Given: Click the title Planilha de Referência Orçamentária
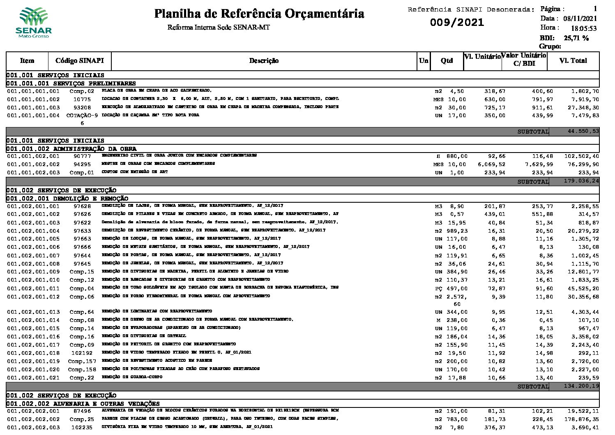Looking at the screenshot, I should click(259, 14).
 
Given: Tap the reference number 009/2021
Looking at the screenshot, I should click(457, 23).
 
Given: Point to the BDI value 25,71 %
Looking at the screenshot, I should click(576, 38).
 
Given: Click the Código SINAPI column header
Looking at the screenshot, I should click(80, 61).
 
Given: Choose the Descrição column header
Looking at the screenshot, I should click(264, 61).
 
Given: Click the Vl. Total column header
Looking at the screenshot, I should click(573, 61).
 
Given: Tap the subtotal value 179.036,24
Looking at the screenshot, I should click(581, 180).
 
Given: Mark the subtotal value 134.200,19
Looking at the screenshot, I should click(581, 386).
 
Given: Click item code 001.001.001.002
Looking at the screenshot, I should click(33, 99).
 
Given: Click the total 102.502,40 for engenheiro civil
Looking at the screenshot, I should click(581, 156).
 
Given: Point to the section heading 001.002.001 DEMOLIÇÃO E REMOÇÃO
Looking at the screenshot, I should click(67, 199).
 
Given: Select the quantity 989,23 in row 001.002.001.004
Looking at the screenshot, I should click(457, 231).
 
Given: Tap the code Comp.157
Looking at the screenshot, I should click(82, 361).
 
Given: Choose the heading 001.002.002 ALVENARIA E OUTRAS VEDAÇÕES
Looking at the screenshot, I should click(83, 404).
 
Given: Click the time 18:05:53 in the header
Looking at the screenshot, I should click(583, 28).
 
